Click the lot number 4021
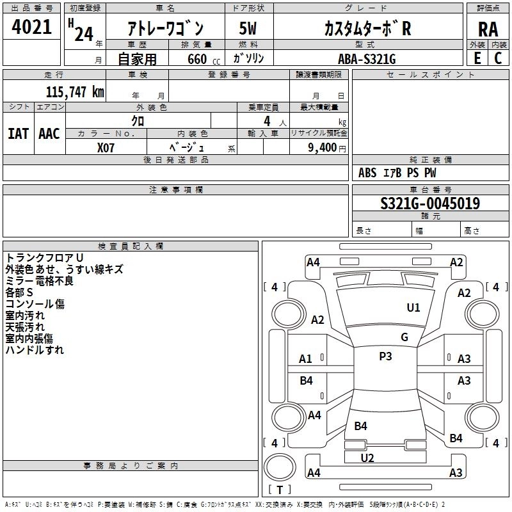coord(32,28)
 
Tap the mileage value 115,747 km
coord(74,92)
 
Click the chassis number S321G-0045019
coord(429,204)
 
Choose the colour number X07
coord(106,147)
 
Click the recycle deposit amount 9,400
coord(321,148)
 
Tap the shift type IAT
coord(17,134)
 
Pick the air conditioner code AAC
coord(49,134)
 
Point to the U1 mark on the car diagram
coord(413,308)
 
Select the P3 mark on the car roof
coord(385,356)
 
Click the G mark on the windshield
coord(404,337)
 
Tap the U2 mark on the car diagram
coord(367,458)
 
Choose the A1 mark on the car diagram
coord(306,359)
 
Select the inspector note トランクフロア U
coord(40,257)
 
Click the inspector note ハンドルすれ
coord(35,350)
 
